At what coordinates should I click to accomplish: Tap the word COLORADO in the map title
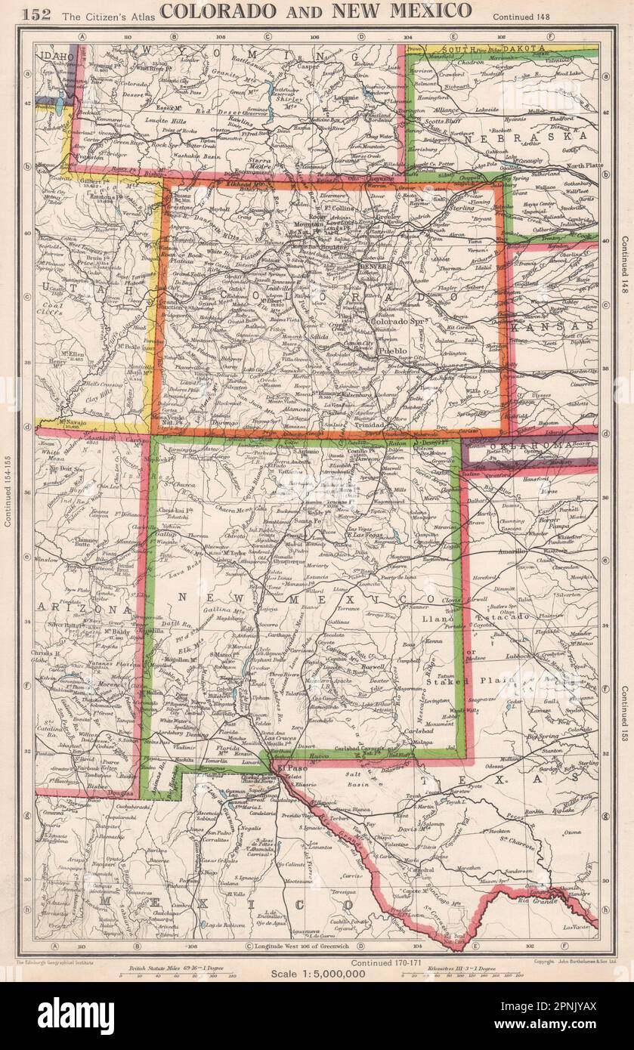click(x=212, y=11)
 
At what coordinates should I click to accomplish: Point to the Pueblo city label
click(x=394, y=352)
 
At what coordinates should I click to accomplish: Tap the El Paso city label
click(x=289, y=769)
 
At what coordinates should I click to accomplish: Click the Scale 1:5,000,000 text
click(x=318, y=974)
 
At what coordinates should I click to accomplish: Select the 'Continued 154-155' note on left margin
click(x=8, y=491)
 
